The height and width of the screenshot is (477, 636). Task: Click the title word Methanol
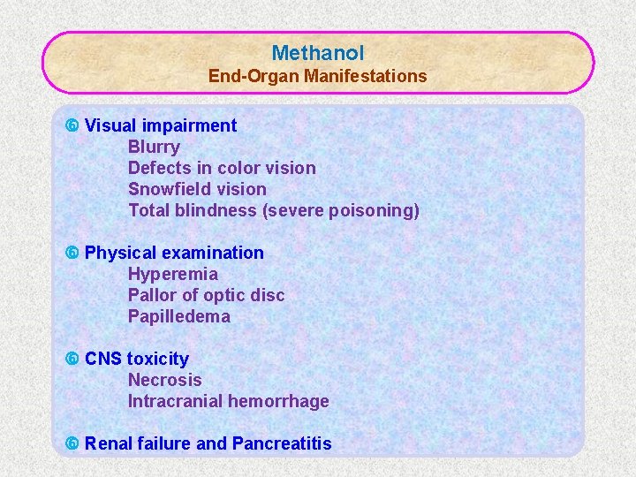[318, 53]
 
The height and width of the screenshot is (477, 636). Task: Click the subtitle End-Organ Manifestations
[318, 76]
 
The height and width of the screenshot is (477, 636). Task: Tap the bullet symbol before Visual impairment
[73, 125]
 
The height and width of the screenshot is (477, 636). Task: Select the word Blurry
[154, 147]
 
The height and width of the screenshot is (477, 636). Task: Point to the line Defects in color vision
[222, 168]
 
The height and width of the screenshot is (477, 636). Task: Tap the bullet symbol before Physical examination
[73, 253]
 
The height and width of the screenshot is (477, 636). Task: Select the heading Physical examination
[174, 253]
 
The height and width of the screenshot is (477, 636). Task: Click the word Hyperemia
[173, 274]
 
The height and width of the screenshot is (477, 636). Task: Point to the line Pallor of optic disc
[207, 295]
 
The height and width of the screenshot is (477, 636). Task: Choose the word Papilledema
[179, 316]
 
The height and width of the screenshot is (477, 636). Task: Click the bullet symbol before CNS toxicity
[73, 359]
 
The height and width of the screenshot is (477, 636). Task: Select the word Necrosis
[165, 380]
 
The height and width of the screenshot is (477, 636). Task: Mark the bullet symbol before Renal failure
[73, 443]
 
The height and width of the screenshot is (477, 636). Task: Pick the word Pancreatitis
[282, 443]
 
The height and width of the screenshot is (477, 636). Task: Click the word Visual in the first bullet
[110, 125]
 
